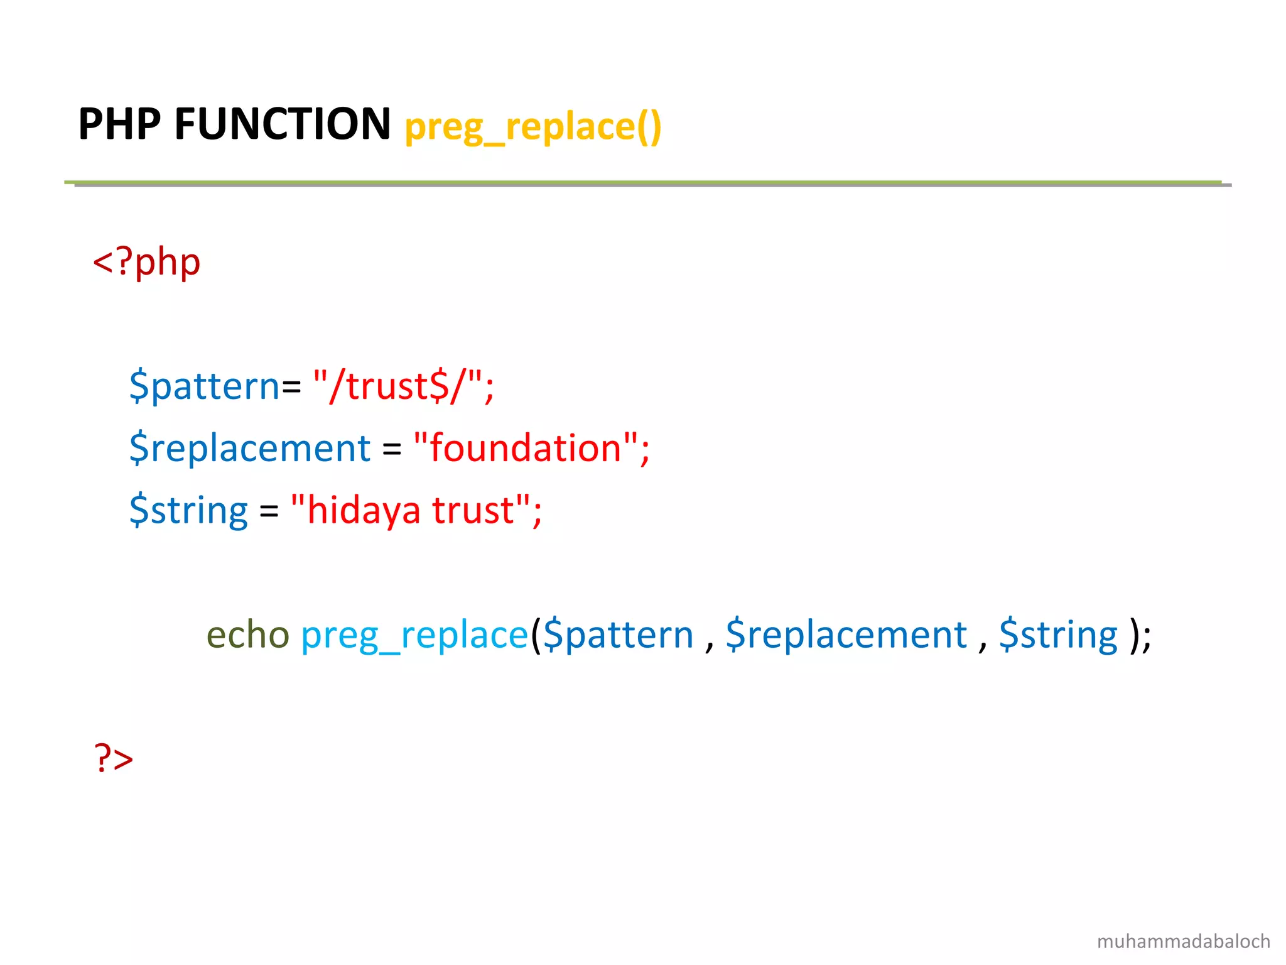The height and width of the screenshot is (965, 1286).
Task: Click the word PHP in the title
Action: tap(119, 124)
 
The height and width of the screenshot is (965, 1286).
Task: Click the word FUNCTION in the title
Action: tap(283, 124)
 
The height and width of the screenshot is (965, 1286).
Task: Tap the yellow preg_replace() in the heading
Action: tap(532, 127)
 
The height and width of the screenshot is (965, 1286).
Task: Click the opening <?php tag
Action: tap(146, 262)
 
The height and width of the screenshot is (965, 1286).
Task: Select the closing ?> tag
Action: tap(114, 758)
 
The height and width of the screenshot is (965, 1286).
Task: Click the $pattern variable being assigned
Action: tap(204, 386)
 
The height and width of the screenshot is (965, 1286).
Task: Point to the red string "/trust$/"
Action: tap(402, 385)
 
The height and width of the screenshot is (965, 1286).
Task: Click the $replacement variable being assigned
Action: tap(250, 449)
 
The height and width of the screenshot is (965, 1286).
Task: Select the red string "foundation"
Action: tap(531, 448)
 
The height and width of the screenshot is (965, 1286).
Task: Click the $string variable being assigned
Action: tap(188, 510)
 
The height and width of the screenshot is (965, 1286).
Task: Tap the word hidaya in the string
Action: tap(363, 510)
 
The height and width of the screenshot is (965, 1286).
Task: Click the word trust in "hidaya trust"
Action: tap(472, 510)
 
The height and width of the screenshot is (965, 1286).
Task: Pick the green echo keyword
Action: tap(247, 635)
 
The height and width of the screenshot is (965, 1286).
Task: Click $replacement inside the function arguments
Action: tap(846, 635)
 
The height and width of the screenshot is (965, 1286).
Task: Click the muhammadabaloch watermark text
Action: tap(1183, 941)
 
